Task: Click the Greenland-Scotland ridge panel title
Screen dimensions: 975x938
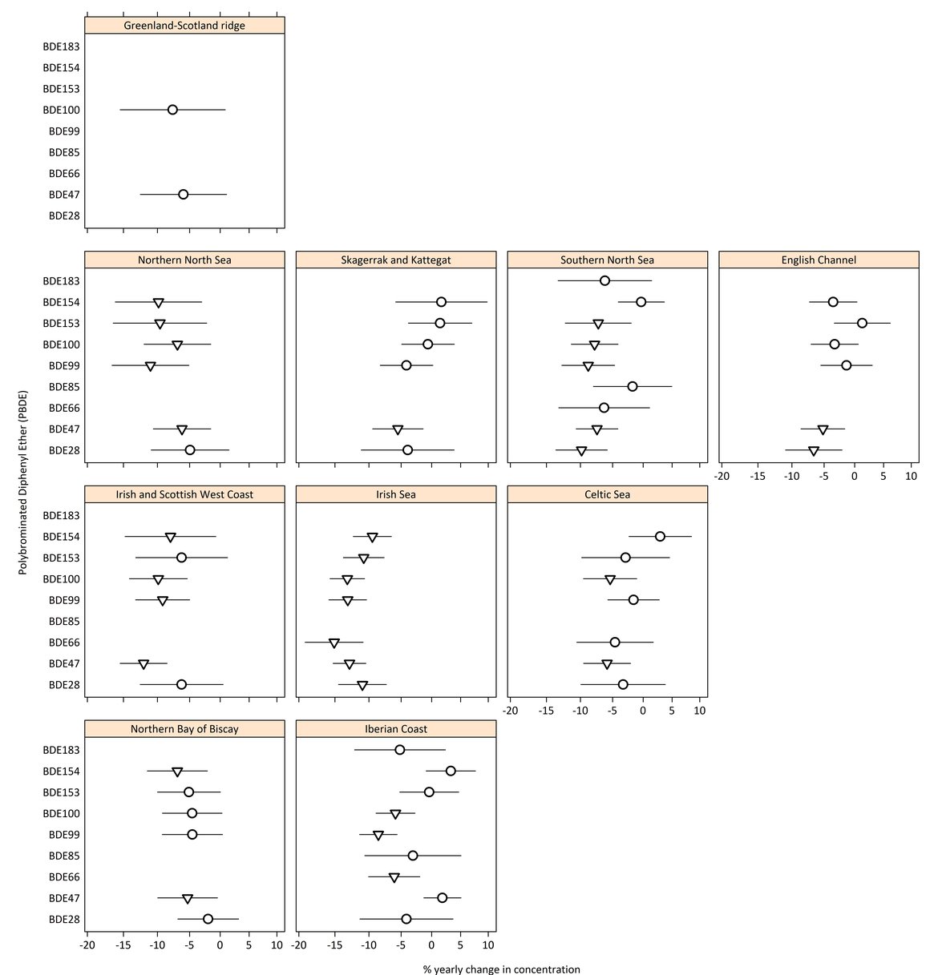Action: coord(184,26)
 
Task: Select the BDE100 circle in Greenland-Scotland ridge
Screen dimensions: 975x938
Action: coord(172,110)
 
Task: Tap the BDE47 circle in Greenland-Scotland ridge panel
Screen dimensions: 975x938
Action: coord(183,195)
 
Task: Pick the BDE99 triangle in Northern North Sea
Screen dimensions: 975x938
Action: coord(150,366)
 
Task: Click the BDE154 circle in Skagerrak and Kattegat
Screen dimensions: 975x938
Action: coord(441,302)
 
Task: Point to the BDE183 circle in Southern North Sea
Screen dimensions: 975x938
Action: coord(604,280)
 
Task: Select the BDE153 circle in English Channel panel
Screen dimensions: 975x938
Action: coord(862,323)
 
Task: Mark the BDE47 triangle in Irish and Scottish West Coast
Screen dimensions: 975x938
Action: coord(144,664)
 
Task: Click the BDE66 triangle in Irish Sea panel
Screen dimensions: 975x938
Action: coord(334,643)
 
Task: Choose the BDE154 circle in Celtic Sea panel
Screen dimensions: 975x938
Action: coord(660,537)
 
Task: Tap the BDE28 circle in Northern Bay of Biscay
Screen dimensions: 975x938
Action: coord(208,919)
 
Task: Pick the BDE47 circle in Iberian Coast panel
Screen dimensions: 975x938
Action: coord(442,897)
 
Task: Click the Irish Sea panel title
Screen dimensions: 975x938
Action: coord(396,494)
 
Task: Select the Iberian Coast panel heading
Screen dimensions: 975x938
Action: coord(396,729)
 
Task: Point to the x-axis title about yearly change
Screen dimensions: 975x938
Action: coord(501,969)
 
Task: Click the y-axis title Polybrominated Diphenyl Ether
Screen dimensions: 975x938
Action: coord(23,482)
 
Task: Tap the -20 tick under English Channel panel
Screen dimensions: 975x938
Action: coord(722,476)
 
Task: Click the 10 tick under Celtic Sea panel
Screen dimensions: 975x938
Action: coord(700,711)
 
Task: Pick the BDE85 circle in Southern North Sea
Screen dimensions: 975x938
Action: coord(633,386)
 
